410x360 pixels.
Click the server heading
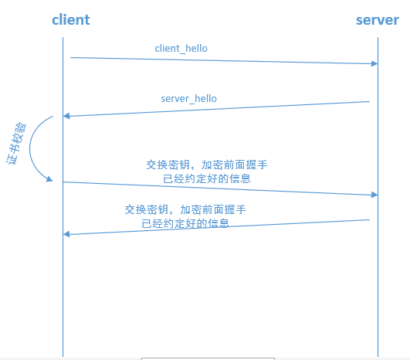pyautogui.click(x=377, y=19)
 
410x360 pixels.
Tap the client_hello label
pyautogui.click(x=181, y=48)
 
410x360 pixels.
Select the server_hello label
pyautogui.click(x=188, y=99)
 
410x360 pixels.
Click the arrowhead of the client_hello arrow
pyautogui.click(x=374, y=63)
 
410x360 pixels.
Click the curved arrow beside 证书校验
pyautogui.click(x=32, y=151)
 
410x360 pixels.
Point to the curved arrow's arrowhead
pyautogui.click(x=49, y=179)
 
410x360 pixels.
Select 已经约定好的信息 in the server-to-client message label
pyautogui.click(x=185, y=223)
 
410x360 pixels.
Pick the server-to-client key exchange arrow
pyautogui.click(x=216, y=227)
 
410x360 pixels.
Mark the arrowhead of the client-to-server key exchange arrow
pyautogui.click(x=374, y=195)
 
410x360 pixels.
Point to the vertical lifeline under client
pyautogui.click(x=63, y=294)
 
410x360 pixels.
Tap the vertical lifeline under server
pyautogui.click(x=378, y=294)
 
